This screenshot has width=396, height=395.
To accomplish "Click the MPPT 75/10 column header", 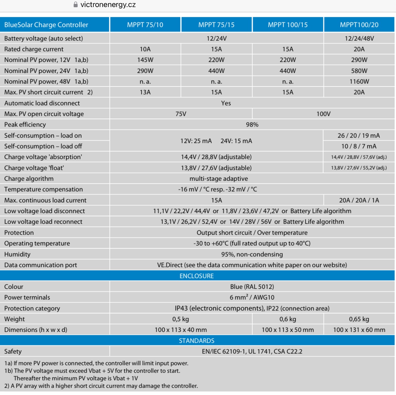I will [x=145, y=25].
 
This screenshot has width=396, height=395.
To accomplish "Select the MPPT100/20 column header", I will [x=359, y=25].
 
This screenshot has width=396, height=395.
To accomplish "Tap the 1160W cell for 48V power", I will [x=359, y=81].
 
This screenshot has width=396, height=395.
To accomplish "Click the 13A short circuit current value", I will [x=145, y=92].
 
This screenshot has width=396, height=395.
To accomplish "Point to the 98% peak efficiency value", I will [x=252, y=124].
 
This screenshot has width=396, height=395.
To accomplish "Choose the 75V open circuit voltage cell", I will [x=181, y=114].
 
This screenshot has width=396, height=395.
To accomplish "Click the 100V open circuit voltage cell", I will [x=323, y=114].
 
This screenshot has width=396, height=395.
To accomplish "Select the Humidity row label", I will [x=17, y=254].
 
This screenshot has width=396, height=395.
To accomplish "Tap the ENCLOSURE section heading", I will [x=196, y=276].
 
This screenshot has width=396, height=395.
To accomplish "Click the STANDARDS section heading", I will [x=196, y=341].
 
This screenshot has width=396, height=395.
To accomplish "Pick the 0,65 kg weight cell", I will [x=359, y=319].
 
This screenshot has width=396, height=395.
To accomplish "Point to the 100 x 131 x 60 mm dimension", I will [x=359, y=330].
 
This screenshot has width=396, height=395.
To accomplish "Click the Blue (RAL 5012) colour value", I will [x=252, y=287].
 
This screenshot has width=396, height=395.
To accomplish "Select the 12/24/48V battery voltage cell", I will [x=359, y=38].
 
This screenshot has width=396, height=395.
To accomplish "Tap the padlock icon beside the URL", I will [x=76, y=5].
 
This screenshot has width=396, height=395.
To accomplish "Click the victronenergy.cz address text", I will [x=108, y=5].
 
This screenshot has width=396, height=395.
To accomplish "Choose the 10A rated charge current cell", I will [x=145, y=49].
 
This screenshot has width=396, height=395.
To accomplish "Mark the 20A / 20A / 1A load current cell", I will [x=359, y=200].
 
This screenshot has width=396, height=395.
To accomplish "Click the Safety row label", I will [x=13, y=351].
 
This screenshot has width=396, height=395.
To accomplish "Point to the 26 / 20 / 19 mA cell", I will [x=359, y=135].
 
